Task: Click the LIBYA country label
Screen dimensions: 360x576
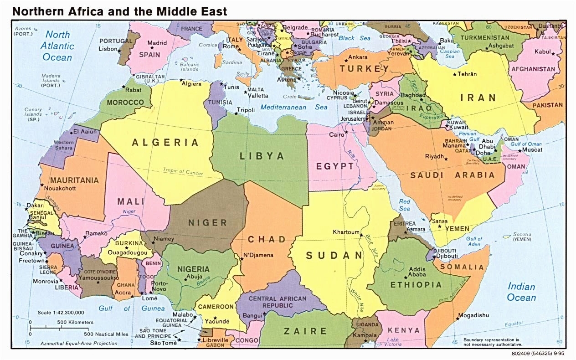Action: tap(262, 156)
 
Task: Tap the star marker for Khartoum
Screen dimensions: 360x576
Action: tap(361, 235)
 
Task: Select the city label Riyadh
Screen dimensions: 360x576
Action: tap(434, 156)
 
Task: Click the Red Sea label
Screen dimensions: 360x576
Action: tap(405, 205)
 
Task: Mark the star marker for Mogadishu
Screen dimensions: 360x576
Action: tap(456, 318)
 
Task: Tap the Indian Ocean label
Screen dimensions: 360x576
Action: tap(522, 292)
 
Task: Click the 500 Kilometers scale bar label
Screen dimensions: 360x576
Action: tap(75, 322)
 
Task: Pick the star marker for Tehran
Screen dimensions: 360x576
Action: tap(454, 74)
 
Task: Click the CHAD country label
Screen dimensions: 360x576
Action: tap(267, 239)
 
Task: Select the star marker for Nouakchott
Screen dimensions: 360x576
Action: tap(42, 185)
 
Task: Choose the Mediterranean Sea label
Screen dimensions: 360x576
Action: tap(294, 108)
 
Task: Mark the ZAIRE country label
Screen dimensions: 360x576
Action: tap(305, 331)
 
